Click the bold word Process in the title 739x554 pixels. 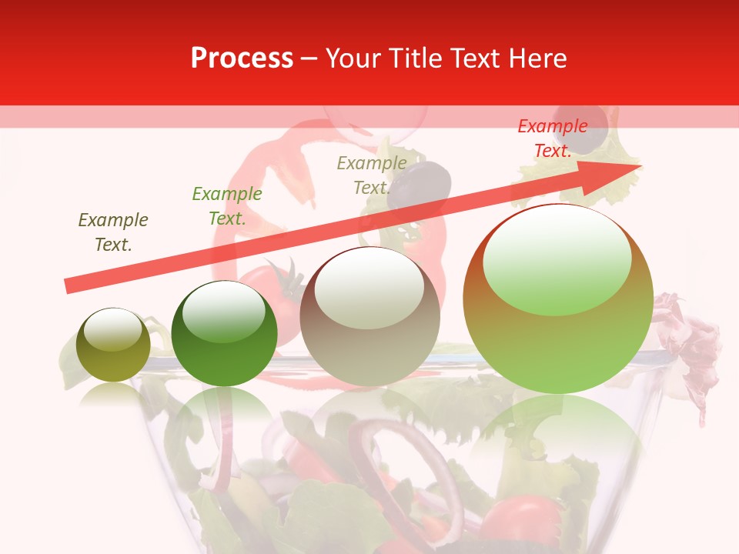[242, 58]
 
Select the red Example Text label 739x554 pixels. [552, 138]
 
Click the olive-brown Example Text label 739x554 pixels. [112, 232]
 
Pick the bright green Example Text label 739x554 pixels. [226, 206]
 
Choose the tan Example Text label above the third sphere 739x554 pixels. [371, 175]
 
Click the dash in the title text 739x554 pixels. [309, 59]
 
